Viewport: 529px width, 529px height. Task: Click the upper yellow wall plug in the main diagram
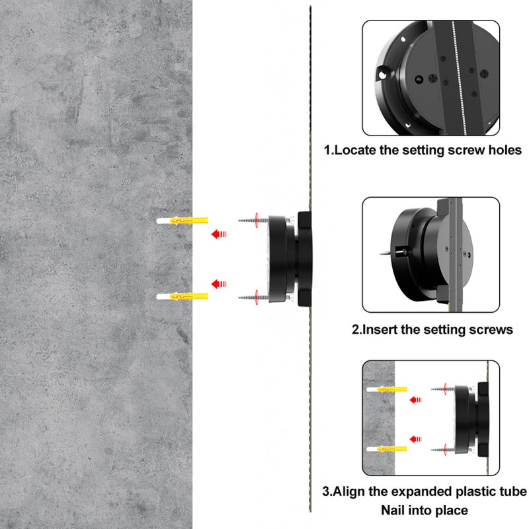pos(183,221)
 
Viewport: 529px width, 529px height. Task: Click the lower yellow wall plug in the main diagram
pos(183,296)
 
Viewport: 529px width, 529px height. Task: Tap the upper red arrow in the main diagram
pos(219,234)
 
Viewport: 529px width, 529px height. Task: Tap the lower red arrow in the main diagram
pos(219,284)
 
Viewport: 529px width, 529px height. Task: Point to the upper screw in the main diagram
pos(253,220)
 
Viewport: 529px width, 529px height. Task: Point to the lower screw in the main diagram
pos(253,298)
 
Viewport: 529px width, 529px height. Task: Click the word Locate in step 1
pos(355,150)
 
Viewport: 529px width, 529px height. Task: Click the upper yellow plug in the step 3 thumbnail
pos(387,389)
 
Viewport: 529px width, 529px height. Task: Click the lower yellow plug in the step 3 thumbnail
pos(387,449)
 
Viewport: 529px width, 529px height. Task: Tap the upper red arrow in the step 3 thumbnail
pos(416,400)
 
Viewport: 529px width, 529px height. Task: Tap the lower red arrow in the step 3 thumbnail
pos(416,439)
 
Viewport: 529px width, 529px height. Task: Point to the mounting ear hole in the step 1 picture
pos(382,75)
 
